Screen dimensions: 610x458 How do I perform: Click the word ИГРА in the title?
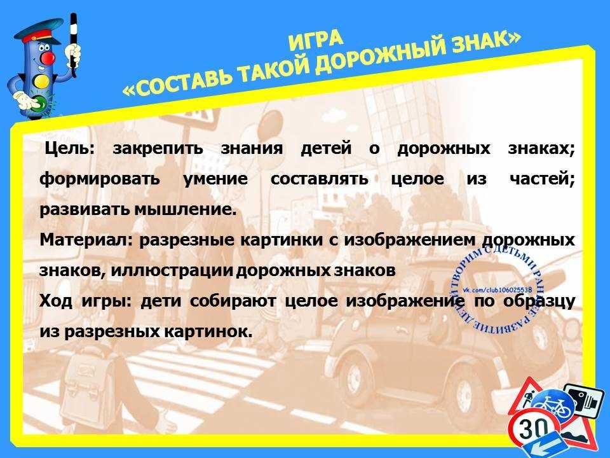click(x=316, y=41)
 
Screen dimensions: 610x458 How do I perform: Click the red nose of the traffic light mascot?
click(x=48, y=59)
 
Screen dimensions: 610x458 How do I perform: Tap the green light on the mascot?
click(x=39, y=102)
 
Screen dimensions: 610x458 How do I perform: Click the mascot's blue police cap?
click(x=37, y=32)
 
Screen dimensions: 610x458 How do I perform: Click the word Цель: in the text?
click(x=70, y=149)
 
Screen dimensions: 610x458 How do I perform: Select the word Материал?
click(x=86, y=240)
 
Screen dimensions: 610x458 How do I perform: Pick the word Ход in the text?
click(x=56, y=301)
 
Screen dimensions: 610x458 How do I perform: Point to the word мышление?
click(x=186, y=211)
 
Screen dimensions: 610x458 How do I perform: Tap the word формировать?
click(x=100, y=179)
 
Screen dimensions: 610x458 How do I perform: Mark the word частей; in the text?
click(x=542, y=179)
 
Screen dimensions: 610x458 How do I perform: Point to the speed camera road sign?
click(x=583, y=401)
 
